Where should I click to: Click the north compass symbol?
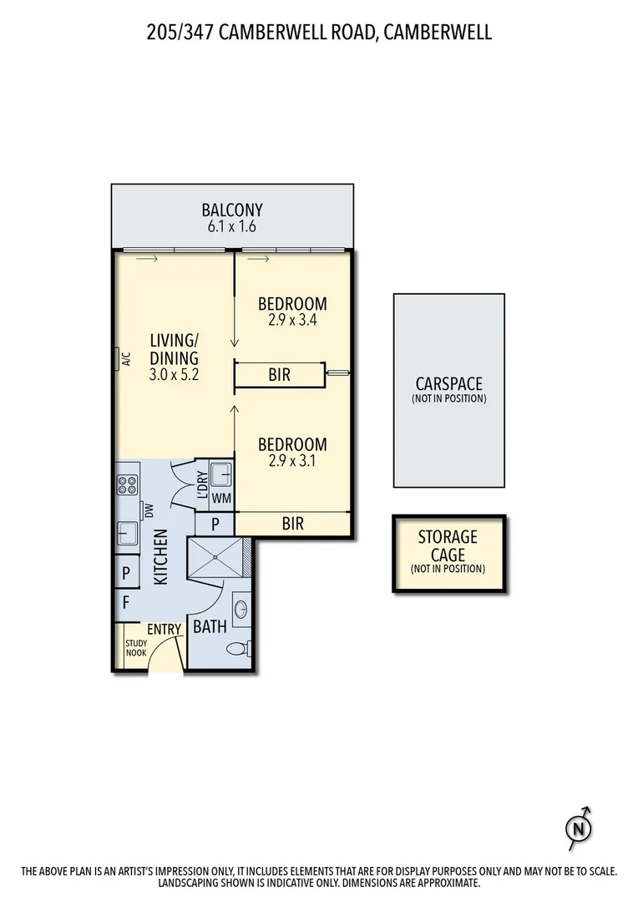[577, 829]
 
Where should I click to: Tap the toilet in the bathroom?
[237, 647]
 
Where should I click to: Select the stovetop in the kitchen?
[127, 484]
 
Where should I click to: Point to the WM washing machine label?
[221, 498]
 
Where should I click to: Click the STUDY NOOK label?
[136, 648]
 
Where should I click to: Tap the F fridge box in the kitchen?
[126, 601]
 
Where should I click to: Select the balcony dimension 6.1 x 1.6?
[232, 226]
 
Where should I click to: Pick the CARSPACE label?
[448, 384]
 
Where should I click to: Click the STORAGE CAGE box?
[448, 554]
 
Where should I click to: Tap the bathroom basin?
[240, 608]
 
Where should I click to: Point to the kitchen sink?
[127, 532]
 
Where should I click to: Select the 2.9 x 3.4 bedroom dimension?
[291, 319]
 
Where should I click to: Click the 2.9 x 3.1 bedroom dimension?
[291, 460]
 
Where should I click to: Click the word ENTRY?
[164, 629]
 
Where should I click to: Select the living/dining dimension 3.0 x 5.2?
[174, 376]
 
